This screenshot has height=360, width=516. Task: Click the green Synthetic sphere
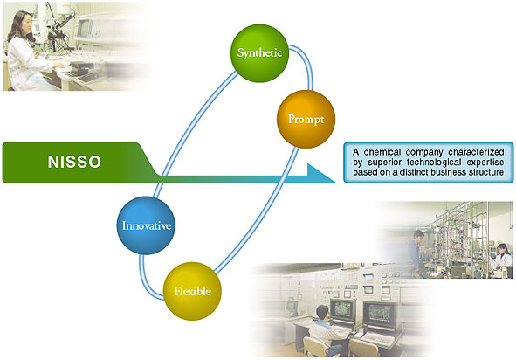tap(259, 53)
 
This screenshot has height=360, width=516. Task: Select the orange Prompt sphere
tap(306, 119)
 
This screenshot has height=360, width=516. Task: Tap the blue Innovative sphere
tap(146, 225)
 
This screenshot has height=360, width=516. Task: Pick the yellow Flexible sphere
tap(192, 291)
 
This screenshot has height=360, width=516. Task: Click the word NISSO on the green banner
tap(74, 162)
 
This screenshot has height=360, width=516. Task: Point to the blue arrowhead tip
tap(336, 183)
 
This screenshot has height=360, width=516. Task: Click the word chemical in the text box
tap(382, 152)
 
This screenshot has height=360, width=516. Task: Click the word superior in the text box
tap(384, 163)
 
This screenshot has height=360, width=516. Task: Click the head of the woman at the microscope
tap(20, 24)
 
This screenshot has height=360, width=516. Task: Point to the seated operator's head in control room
tap(322, 312)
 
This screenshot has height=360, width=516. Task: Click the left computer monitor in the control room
tap(342, 311)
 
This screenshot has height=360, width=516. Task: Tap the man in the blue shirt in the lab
tap(416, 250)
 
